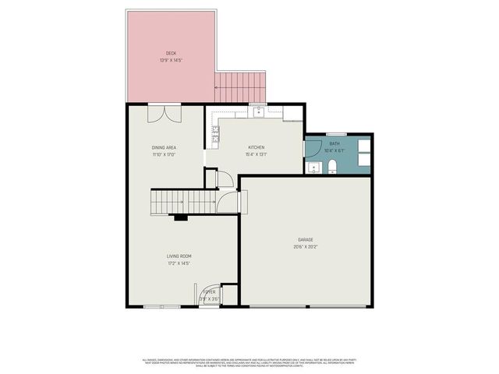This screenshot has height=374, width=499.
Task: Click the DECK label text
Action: [171, 54]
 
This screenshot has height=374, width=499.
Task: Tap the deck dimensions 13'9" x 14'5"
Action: [171, 60]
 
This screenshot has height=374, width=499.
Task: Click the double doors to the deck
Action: [166, 113]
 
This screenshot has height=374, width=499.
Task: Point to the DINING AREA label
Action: [164, 147]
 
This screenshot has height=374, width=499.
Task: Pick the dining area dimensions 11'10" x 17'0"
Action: [164, 153]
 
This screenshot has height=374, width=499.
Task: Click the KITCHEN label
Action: [257, 147]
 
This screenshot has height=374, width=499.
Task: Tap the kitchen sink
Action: [258, 111]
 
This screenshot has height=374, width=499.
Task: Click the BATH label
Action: [334, 143]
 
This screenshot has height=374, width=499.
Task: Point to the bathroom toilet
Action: [331, 165]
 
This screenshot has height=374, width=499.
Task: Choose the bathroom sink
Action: [313, 167]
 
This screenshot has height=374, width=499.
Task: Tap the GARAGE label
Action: [305, 239]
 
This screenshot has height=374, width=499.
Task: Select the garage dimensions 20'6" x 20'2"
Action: [305, 246]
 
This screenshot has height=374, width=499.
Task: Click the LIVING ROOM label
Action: [179, 256]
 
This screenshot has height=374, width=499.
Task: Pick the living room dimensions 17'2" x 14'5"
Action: [179, 263]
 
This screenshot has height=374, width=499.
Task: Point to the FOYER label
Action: [209, 291]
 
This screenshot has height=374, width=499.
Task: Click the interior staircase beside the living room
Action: [183, 202]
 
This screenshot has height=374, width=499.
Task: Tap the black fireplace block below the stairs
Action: [180, 218]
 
